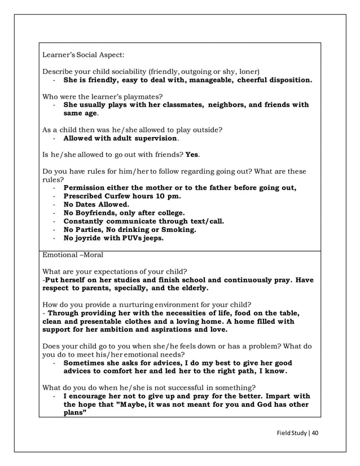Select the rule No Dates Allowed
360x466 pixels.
(96, 204)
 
